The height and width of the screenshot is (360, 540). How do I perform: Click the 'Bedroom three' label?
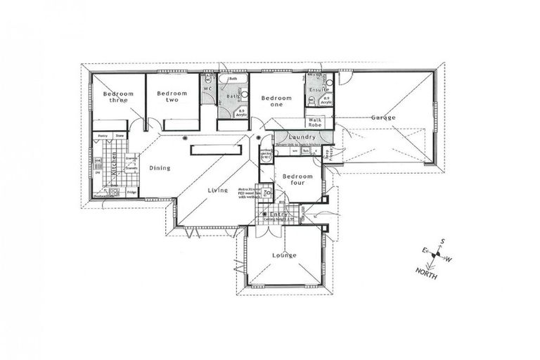[x=114, y=97]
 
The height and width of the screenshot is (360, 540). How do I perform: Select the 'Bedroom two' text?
[x=172, y=97]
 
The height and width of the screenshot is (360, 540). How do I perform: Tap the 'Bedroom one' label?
[x=276, y=102]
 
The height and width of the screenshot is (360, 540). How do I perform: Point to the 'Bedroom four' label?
[x=297, y=180]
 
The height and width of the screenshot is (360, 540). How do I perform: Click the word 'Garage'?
[x=383, y=117]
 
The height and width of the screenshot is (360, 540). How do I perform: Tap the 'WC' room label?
[x=207, y=90]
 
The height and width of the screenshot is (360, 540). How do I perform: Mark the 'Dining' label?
[x=160, y=167]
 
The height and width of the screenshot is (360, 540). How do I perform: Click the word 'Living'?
[x=217, y=190]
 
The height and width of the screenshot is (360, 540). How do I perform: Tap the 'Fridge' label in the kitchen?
[x=131, y=191]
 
